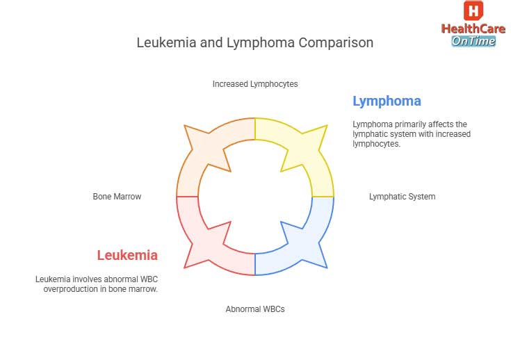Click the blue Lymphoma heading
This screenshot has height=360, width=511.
pos(387,101)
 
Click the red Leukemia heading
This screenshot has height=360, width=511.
pos(127,255)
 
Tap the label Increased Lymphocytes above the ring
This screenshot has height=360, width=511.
pos(255,84)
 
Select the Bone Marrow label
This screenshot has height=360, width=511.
pos(117,197)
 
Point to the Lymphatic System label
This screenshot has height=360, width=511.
pos(402,197)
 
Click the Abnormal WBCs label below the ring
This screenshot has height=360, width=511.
pos(255,309)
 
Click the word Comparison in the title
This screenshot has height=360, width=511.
pos(336,43)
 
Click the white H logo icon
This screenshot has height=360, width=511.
pos(473,11)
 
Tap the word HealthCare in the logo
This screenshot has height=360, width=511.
pos(473,29)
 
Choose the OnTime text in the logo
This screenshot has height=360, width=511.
pos(473,41)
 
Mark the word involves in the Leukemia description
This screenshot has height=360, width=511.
pos(86,279)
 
